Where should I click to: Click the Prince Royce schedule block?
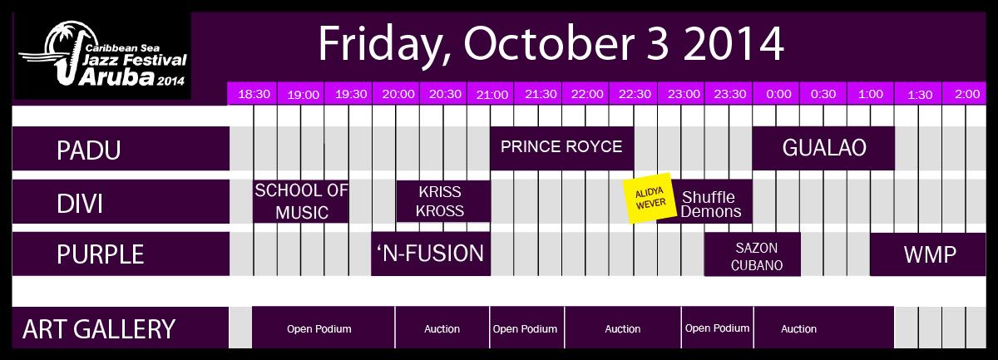(562, 148)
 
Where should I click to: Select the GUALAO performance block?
(823, 148)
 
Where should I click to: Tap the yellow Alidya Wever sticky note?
(650, 198)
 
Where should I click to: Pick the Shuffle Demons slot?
(712, 201)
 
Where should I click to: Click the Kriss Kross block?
(443, 201)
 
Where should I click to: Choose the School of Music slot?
(301, 201)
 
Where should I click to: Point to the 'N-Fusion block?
(431, 254)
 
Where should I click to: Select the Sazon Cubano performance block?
(752, 254)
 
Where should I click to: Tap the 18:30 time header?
(253, 94)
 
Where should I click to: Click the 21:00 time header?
(491, 94)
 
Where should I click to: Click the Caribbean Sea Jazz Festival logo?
(103, 55)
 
